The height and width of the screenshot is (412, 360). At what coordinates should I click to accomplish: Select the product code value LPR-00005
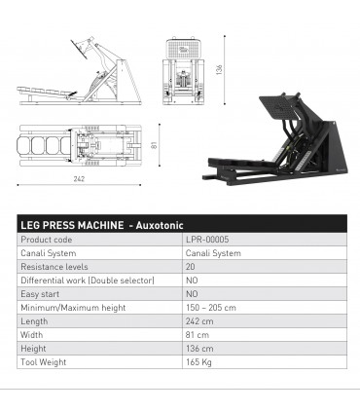click(x=208, y=239)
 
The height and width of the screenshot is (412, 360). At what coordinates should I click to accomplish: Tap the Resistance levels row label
click(x=54, y=266)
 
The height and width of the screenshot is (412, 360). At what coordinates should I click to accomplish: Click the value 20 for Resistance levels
click(x=191, y=266)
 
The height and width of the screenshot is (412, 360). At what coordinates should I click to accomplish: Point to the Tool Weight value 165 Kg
click(x=198, y=362)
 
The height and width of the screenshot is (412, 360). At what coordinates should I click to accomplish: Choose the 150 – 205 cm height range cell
click(x=211, y=307)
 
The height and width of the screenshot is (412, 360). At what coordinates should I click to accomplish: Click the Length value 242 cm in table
click(x=199, y=320)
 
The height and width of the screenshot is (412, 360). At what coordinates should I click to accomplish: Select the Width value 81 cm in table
click(x=198, y=334)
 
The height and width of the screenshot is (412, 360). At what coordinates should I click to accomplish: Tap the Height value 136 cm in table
click(x=199, y=348)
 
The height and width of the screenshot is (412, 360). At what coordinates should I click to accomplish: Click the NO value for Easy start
click(x=192, y=293)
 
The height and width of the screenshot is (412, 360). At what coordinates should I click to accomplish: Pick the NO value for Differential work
click(x=192, y=280)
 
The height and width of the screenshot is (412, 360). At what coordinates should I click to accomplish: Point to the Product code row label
click(x=47, y=239)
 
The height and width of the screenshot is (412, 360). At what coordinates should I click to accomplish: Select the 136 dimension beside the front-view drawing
click(x=221, y=70)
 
